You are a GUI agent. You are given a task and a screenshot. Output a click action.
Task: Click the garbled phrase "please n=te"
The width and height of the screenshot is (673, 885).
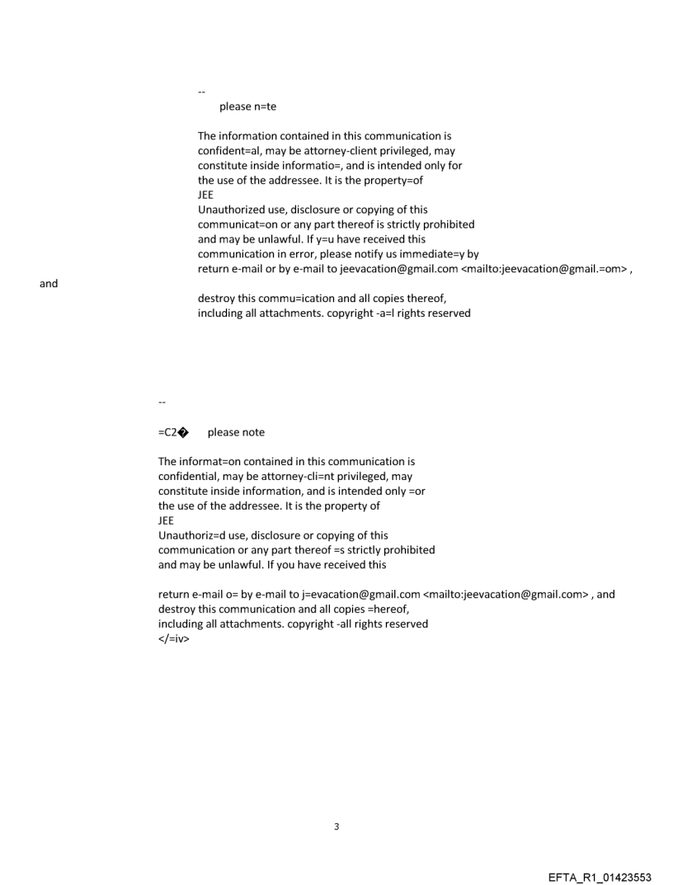[247, 106]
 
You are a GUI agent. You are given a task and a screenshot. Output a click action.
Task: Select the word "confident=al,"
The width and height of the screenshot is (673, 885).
[229, 151]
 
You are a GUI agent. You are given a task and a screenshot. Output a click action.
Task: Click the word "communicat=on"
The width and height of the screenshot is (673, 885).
[234, 224]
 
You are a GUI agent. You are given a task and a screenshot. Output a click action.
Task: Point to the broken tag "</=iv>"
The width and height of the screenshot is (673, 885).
[173, 638]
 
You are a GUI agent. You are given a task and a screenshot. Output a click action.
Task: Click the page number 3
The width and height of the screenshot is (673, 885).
[336, 826]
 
